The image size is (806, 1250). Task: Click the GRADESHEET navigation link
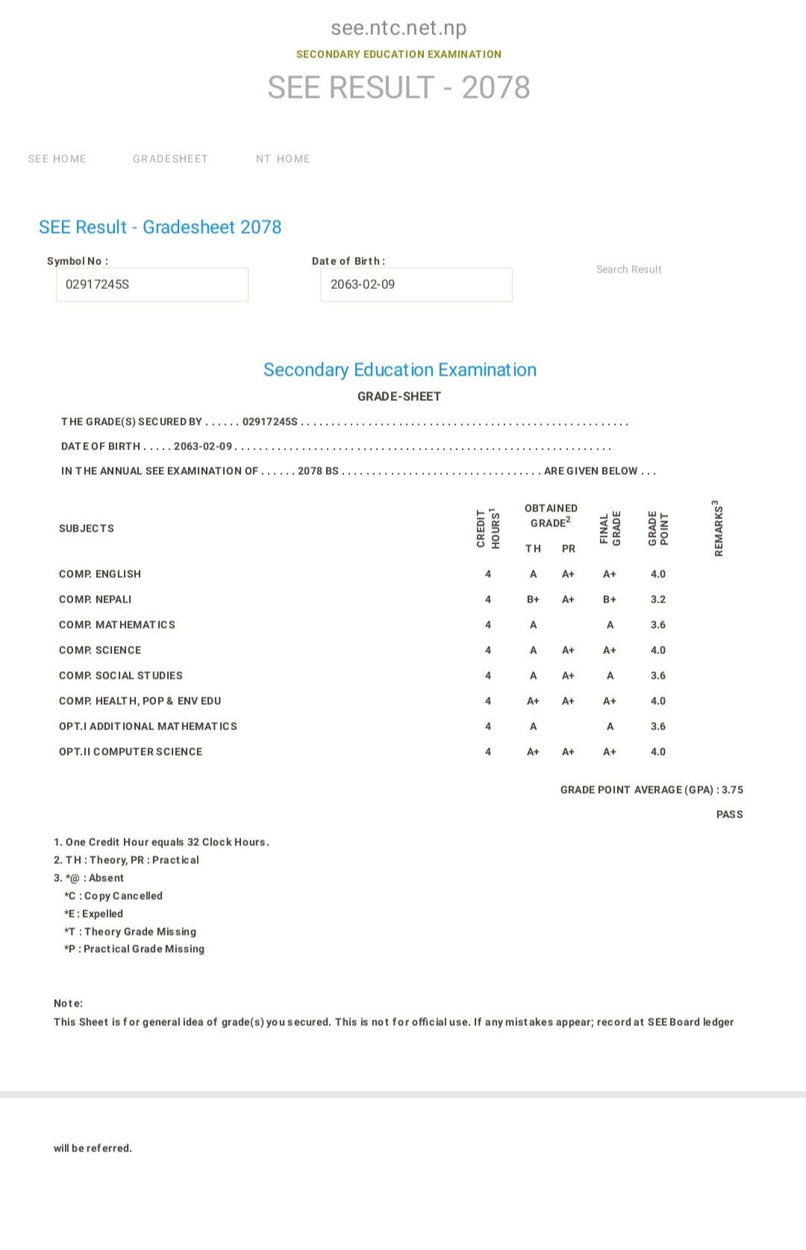170,159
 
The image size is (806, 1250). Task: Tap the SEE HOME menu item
57,159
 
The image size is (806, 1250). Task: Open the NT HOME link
283,159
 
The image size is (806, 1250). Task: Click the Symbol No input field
152,284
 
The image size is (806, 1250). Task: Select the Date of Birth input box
416,284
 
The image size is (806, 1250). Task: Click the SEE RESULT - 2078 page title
399,88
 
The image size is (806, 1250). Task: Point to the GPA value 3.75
732,790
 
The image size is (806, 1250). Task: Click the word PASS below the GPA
729,815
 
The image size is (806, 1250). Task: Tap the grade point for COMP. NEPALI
657,600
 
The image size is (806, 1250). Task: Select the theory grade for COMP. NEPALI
533,600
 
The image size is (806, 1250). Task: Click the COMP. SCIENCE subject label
100,650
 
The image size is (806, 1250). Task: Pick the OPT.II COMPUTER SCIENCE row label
131,752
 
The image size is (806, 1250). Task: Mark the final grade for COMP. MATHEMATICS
610,625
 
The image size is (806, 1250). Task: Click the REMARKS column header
718,528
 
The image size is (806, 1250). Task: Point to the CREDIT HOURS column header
488,529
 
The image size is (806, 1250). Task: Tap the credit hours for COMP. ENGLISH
488,574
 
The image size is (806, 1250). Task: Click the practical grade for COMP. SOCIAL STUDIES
568,676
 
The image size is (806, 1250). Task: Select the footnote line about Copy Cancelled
113,896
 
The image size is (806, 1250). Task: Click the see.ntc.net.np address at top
399,28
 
